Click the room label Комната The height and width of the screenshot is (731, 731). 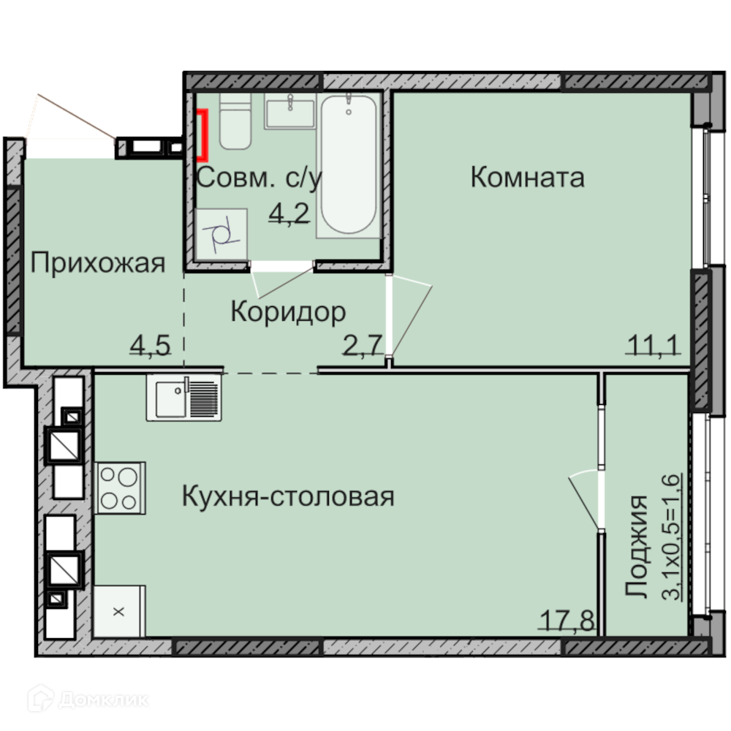pos(527,178)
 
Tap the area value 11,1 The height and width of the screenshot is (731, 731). pos(654,346)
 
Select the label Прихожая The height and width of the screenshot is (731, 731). pos(98,263)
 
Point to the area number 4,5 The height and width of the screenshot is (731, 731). pos(150,346)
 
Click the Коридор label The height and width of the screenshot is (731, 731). pos(289,312)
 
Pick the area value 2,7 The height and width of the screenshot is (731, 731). pos(363,346)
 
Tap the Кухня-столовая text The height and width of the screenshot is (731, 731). pos(288,496)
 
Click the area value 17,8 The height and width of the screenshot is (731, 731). pos(567,621)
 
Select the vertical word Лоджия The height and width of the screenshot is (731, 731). pos(637,546)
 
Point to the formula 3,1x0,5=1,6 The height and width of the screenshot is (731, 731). pos(671,537)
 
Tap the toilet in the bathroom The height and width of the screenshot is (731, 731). pos(235,121)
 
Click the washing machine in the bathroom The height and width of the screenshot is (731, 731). pos(221,234)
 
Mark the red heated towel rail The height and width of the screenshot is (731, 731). pos(202,135)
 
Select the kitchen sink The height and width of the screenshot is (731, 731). pos(183,398)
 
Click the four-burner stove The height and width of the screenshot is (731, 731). pos(121,488)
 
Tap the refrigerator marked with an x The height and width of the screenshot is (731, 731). pos(119,611)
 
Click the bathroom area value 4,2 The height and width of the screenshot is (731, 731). pos(289,214)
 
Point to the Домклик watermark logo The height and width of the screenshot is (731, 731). pos(88,699)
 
